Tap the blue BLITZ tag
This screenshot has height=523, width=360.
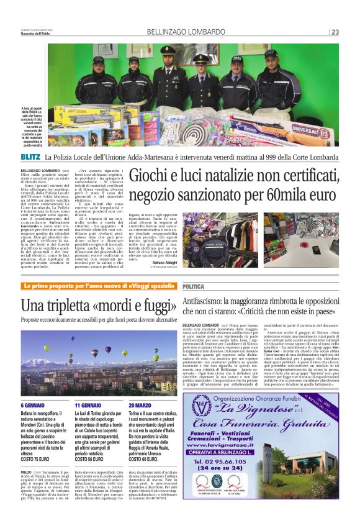tap(30, 156)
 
